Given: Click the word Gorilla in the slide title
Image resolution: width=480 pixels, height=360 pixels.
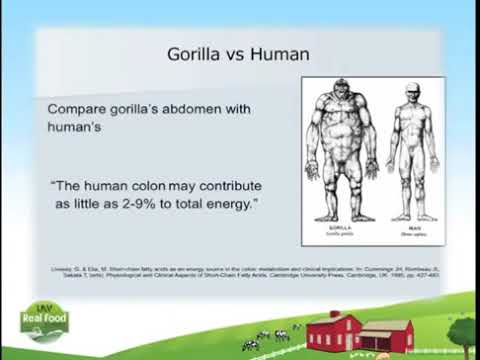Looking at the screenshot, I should pos(193,52).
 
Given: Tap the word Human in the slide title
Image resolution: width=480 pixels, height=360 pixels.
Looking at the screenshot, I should pos(275,52).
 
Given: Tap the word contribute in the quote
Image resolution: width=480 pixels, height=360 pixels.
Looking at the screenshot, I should pos(224,185).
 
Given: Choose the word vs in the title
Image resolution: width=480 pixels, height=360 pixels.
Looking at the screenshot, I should pos(234,52).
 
